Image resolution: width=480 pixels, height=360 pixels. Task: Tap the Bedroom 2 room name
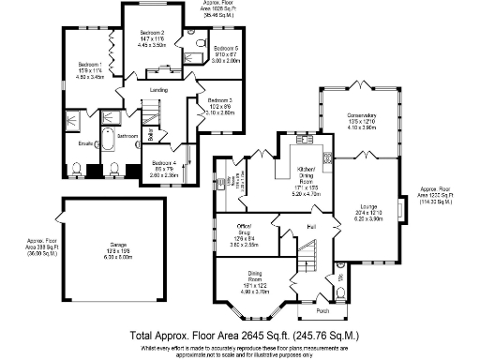pos(153,33)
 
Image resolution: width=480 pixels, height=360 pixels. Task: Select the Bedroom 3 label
pos(219,99)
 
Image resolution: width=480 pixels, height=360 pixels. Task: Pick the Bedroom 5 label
pos(226,48)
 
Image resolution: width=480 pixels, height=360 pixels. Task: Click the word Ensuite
pos(86,143)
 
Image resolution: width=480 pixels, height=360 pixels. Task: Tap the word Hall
pos(310,227)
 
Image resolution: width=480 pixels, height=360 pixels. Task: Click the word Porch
pos(323,313)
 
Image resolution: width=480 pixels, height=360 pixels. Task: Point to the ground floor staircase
pos(311,258)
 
